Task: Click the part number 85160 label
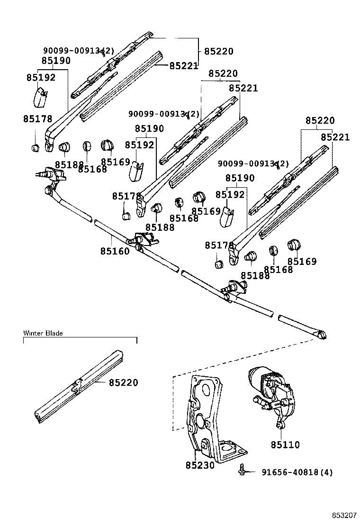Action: [115, 251]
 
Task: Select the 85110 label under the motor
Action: [285, 445]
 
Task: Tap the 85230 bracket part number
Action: [200, 465]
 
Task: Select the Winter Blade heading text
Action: [43, 333]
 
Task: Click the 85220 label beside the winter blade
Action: [123, 382]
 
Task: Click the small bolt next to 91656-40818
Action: [242, 471]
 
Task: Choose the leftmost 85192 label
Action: [41, 78]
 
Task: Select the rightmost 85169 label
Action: [302, 262]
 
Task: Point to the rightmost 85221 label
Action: [335, 137]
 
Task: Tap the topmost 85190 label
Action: [56, 61]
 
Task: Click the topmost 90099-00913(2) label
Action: [79, 50]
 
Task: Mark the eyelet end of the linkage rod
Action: [322, 335]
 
